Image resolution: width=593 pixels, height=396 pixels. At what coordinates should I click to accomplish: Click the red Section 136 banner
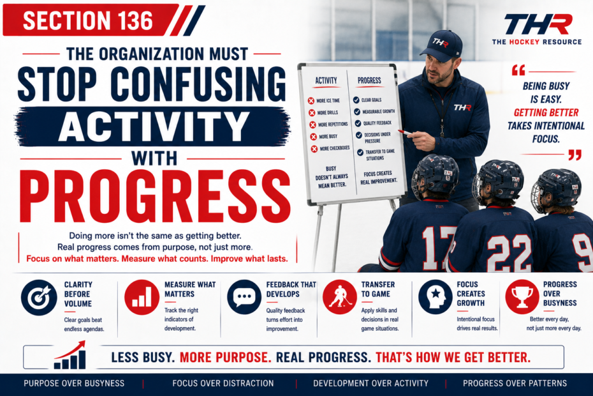91,20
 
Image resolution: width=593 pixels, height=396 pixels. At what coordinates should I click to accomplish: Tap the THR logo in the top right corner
538,29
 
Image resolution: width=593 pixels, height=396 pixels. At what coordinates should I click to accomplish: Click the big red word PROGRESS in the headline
155,196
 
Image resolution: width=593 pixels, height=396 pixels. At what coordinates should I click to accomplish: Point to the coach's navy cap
442,45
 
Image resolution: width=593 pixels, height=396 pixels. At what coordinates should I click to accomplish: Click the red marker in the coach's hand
405,132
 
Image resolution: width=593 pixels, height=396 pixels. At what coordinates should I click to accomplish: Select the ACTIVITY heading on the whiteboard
326,80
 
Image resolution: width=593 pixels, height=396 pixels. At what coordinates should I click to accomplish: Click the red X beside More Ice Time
311,100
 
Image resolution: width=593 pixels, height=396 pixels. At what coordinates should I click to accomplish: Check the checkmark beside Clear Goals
356,100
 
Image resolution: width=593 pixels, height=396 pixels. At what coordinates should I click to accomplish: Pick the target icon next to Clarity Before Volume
39,298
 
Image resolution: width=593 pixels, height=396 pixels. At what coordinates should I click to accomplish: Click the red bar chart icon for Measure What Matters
142,297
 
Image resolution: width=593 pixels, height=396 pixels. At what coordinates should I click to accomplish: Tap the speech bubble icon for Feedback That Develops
244,297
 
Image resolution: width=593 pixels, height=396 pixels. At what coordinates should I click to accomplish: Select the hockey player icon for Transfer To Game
340,297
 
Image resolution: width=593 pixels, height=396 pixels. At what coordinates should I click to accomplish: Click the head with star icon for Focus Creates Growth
436,297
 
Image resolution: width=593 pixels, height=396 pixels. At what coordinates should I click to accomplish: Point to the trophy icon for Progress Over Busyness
522,297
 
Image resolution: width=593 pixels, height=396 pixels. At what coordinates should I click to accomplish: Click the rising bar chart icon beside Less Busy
70,355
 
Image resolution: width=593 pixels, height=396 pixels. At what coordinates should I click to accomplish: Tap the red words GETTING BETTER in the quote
546,112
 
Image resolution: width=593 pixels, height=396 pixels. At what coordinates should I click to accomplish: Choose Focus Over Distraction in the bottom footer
223,383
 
